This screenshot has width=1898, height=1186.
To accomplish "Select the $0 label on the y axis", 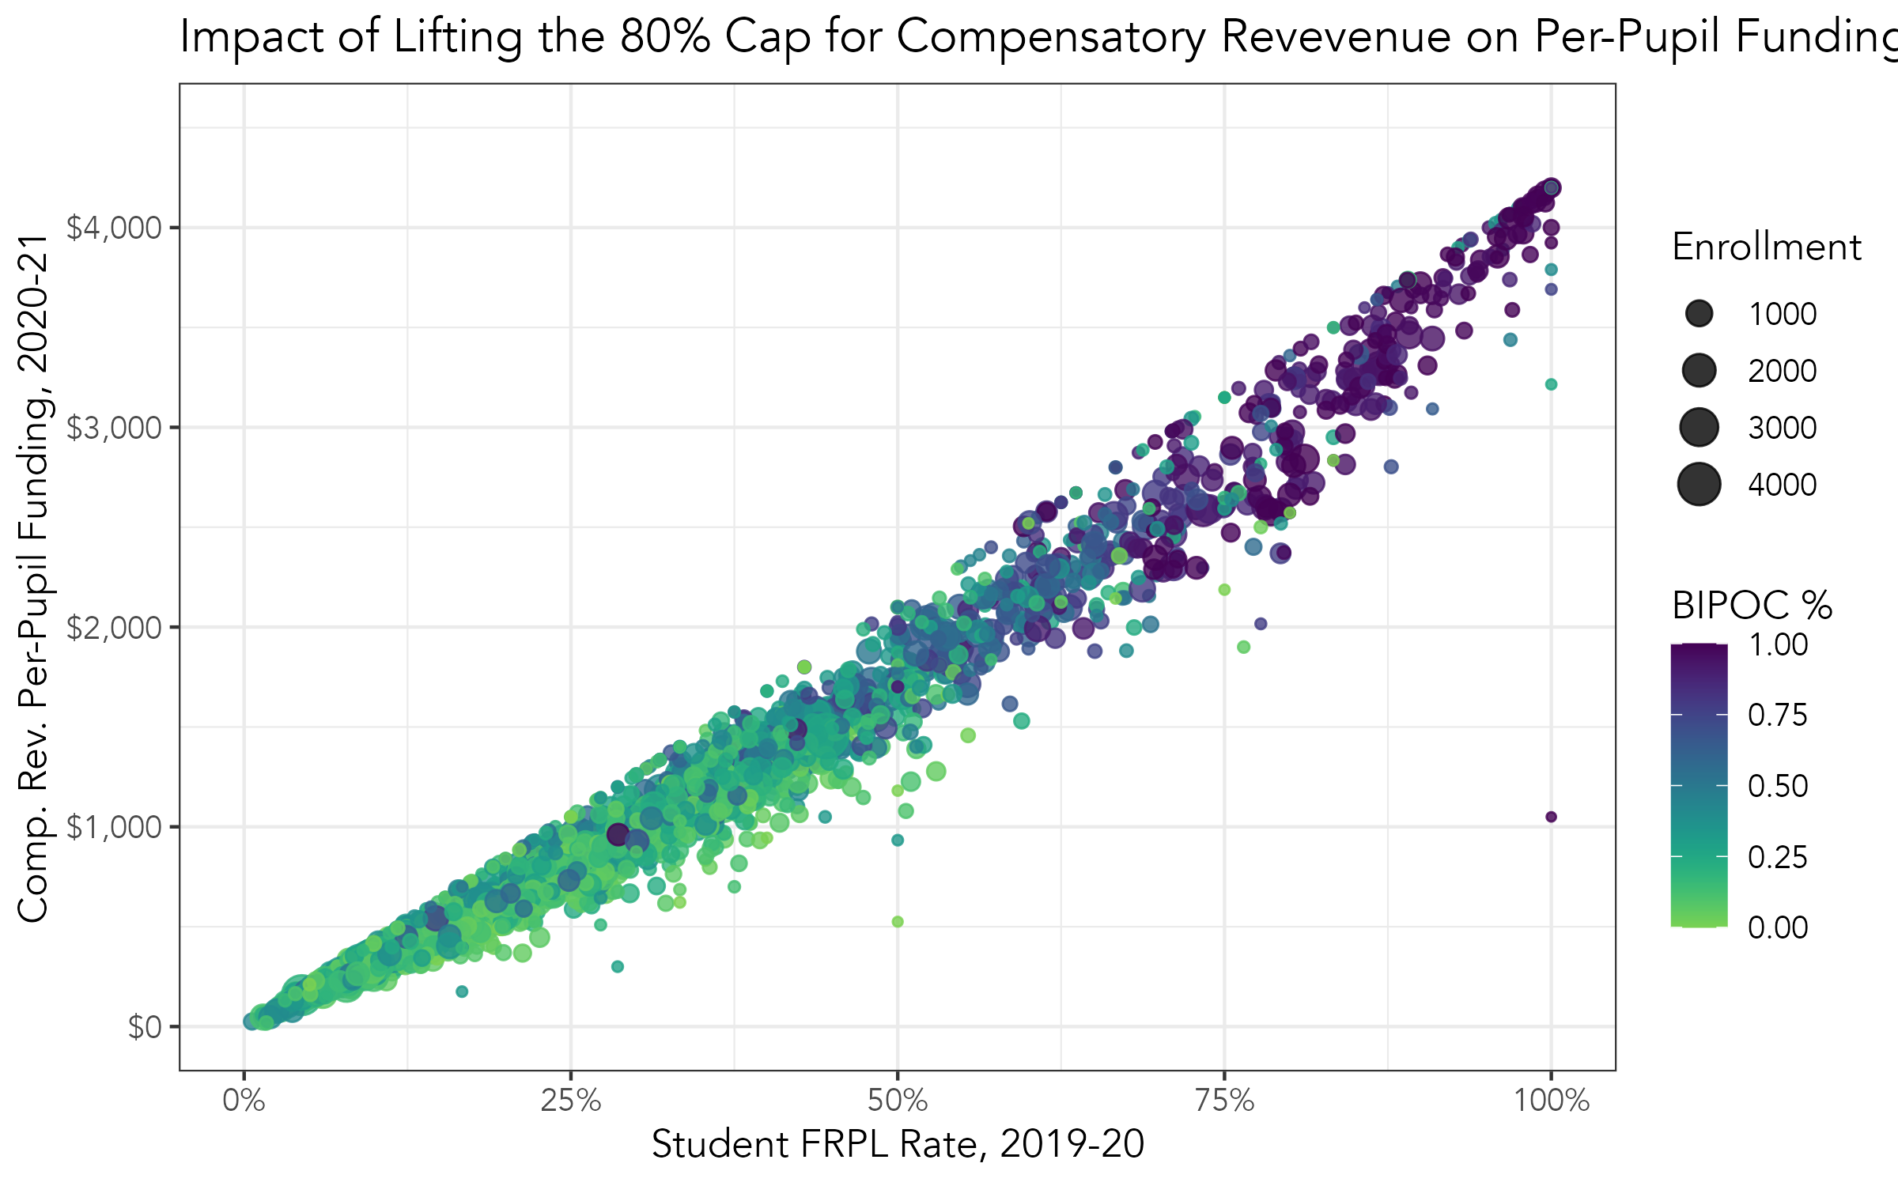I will pyautogui.click(x=145, y=1027).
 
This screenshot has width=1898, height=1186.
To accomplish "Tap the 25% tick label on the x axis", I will pyautogui.click(x=570, y=1101).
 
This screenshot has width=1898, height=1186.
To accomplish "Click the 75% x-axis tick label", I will pyautogui.click(x=1224, y=1101).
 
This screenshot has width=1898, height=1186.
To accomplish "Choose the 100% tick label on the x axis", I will pyautogui.click(x=1551, y=1101).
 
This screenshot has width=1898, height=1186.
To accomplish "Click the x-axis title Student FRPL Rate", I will pyautogui.click(x=898, y=1144).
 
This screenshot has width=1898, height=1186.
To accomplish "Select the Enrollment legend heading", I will pyautogui.click(x=1767, y=247).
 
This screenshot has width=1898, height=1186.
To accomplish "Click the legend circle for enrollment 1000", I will pyautogui.click(x=1699, y=314).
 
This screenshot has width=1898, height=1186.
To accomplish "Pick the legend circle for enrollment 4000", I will pyautogui.click(x=1699, y=485).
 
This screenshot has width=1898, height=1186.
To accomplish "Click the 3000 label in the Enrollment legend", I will pyautogui.click(x=1782, y=428).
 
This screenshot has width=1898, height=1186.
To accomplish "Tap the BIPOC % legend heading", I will pyautogui.click(x=1752, y=606).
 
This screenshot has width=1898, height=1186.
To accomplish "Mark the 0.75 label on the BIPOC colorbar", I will pyautogui.click(x=1778, y=715).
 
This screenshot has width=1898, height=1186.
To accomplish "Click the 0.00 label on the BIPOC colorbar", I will pyautogui.click(x=1778, y=927).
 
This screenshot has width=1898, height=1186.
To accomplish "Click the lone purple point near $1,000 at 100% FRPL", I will pyautogui.click(x=1551, y=817).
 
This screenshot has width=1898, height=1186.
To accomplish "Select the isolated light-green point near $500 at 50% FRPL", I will pyautogui.click(x=898, y=921).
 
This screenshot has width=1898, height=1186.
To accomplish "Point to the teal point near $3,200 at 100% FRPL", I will pyautogui.click(x=1551, y=384).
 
